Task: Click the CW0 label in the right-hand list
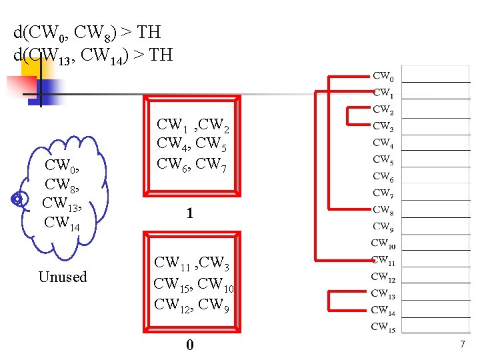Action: pos(383,77)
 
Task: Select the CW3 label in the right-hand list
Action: pos(383,126)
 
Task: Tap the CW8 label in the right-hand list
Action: pos(383,210)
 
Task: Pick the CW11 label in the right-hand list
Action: pos(383,261)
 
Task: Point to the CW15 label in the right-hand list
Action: pos(383,327)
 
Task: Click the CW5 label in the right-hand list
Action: pos(383,160)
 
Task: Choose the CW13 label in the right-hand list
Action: pos(383,294)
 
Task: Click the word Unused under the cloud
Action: pos(63,277)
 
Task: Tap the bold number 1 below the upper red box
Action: pos(190,214)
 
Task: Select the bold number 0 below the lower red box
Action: pos(190,345)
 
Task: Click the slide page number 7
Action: pos(461,345)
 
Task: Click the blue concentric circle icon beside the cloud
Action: pos(19,199)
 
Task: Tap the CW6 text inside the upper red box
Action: pos(171,162)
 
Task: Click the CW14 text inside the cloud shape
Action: pos(61,222)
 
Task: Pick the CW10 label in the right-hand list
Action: pos(383,243)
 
